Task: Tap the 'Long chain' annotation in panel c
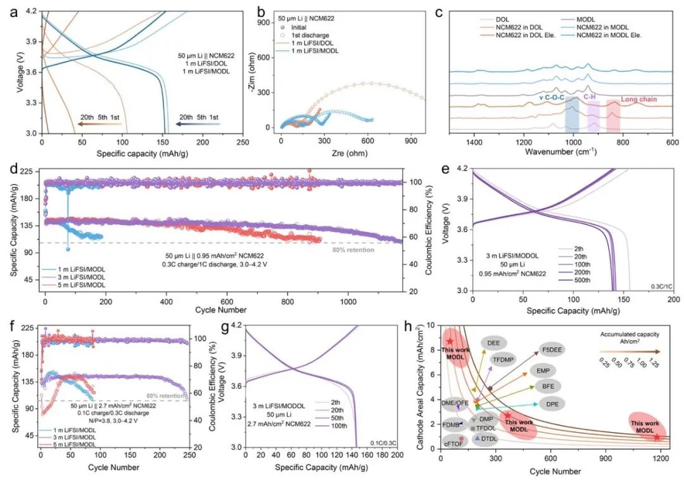pyautogui.click(x=637, y=99)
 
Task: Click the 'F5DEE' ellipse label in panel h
pyautogui.click(x=552, y=349)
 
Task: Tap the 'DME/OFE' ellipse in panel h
pyautogui.click(x=455, y=402)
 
